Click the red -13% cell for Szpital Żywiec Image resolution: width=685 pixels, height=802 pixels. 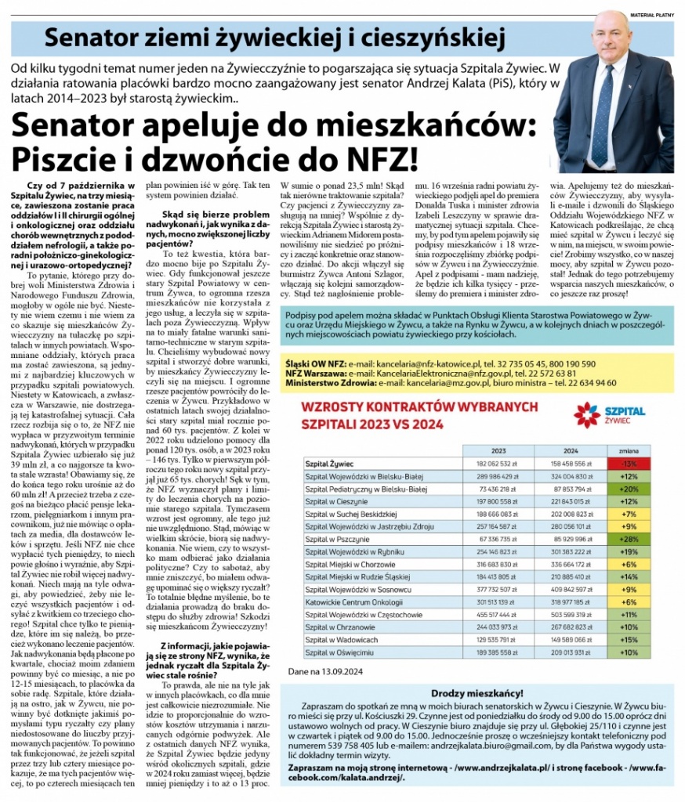click(x=628, y=464)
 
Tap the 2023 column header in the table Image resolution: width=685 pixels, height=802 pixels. click(x=498, y=451)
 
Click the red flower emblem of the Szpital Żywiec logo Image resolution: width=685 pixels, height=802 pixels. click(x=587, y=414)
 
